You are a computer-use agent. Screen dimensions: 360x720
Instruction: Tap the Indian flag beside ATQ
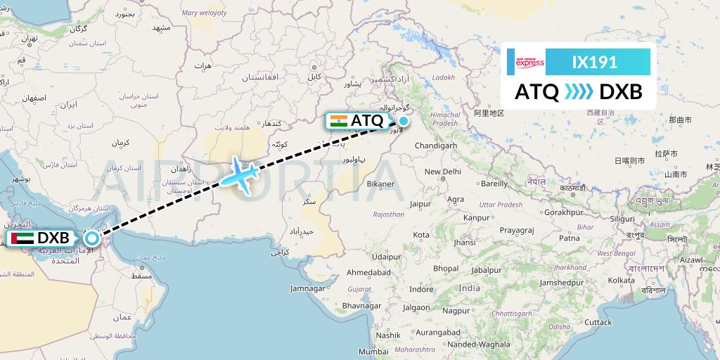(338, 120)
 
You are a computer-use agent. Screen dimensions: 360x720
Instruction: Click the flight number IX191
(594, 62)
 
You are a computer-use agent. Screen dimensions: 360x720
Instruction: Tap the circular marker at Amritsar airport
(404, 120)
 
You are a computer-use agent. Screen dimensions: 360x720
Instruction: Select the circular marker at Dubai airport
(90, 238)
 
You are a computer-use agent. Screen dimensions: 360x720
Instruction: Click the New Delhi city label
(442, 172)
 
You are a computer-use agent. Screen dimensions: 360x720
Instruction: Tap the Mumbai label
(373, 351)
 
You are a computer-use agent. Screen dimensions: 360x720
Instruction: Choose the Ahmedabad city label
(368, 272)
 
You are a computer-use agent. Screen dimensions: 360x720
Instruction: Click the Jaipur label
(420, 204)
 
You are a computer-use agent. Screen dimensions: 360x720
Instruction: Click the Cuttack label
(598, 322)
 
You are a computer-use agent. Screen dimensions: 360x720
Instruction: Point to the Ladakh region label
(444, 77)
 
